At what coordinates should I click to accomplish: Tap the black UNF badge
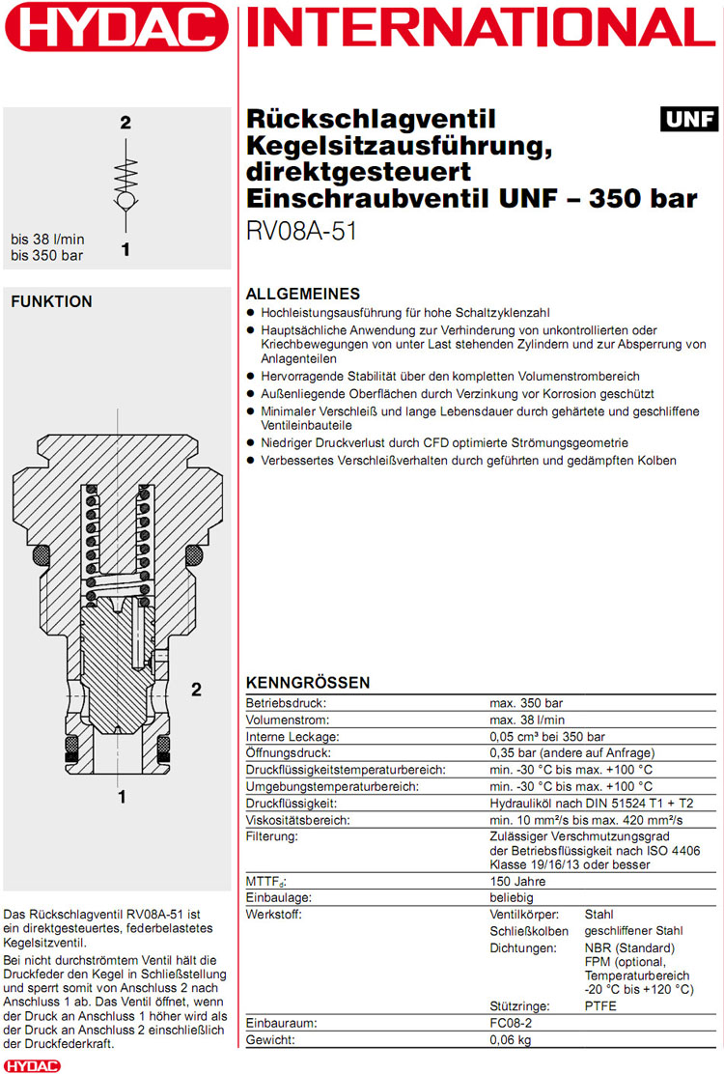689,120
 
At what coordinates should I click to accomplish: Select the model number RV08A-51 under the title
302,233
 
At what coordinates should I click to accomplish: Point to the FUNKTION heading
51,301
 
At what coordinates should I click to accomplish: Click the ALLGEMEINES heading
303,294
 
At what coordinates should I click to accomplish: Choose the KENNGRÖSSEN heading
308,683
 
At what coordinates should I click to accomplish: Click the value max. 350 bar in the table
526,703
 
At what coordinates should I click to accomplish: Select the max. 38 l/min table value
527,720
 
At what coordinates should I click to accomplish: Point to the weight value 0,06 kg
511,1039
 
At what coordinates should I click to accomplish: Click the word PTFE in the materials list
600,1005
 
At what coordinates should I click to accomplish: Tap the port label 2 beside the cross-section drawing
196,690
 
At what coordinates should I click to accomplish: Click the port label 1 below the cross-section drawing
122,797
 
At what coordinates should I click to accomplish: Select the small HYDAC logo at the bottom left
31,1064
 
